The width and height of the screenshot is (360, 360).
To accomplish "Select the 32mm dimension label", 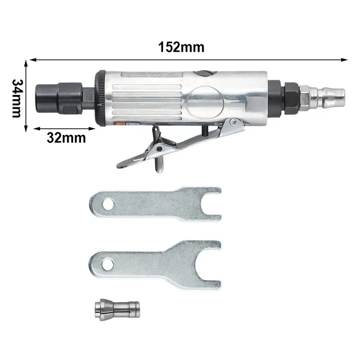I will click(x=66, y=137).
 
